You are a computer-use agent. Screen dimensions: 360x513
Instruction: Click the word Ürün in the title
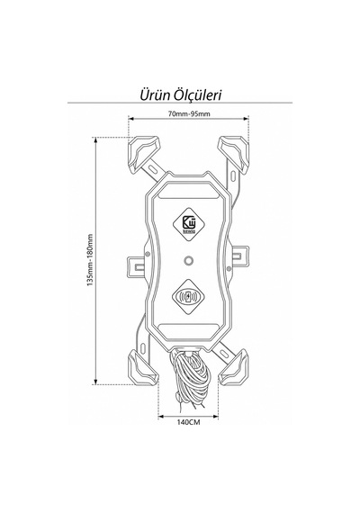pyautogui.click(x=155, y=94)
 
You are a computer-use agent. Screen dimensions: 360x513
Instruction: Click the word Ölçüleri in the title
pyautogui.click(x=198, y=94)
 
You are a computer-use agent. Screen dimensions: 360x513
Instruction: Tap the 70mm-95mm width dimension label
pyautogui.click(x=189, y=114)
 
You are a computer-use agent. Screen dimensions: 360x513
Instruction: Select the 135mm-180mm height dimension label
pyautogui.click(x=90, y=260)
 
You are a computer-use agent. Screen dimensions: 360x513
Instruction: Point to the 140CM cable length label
pyautogui.click(x=188, y=422)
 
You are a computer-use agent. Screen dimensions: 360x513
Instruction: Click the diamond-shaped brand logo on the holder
pyautogui.click(x=188, y=224)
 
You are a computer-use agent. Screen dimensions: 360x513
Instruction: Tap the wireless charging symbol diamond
pyautogui.click(x=188, y=296)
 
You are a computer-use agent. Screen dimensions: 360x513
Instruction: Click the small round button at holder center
pyautogui.click(x=188, y=261)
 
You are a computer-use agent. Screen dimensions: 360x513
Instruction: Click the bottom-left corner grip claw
pyautogui.click(x=143, y=367)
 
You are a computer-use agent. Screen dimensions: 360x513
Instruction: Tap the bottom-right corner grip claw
pyautogui.click(x=233, y=367)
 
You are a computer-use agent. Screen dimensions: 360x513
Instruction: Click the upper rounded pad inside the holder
pyautogui.click(x=188, y=191)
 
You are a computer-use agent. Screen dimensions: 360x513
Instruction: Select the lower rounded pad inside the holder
pyautogui.click(x=188, y=331)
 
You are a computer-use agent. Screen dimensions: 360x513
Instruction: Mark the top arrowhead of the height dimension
pyautogui.click(x=95, y=140)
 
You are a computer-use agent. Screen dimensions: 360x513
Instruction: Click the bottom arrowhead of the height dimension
pyautogui.click(x=95, y=382)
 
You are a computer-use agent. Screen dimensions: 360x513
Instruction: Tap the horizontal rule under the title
pyautogui.click(x=180, y=103)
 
